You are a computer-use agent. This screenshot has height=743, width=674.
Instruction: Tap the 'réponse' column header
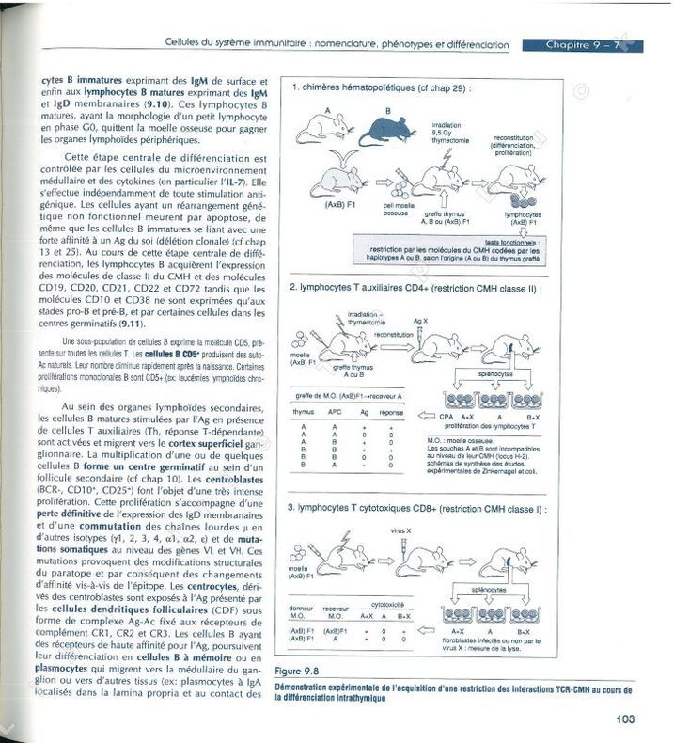[x=391, y=411]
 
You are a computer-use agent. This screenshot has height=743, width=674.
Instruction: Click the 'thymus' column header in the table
[x=303, y=411]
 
